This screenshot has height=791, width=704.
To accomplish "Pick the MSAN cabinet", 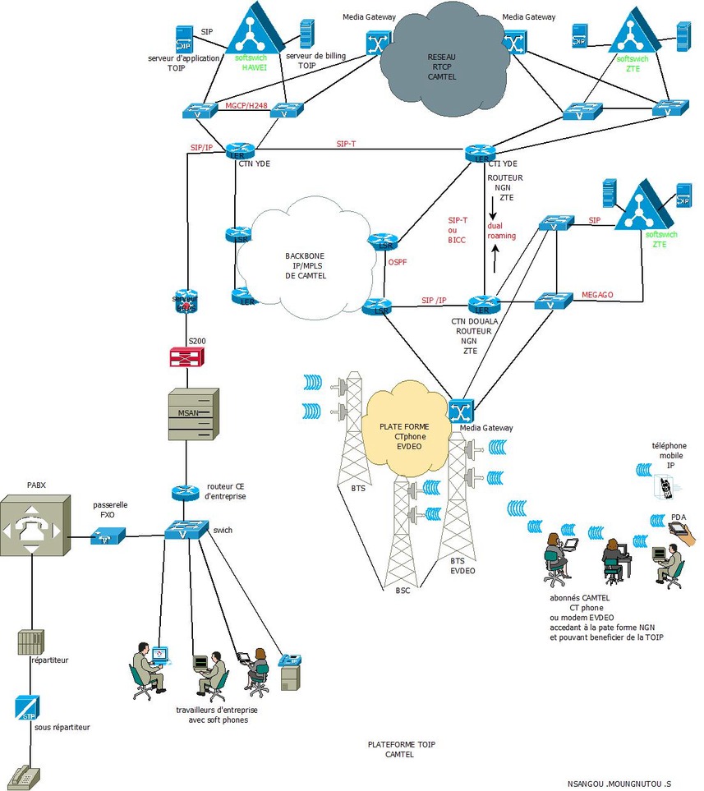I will click(191, 412).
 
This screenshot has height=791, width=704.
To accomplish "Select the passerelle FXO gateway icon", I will click(108, 536).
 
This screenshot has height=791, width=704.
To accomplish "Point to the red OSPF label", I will click(398, 263).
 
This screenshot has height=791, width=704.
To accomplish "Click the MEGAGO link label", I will click(597, 294).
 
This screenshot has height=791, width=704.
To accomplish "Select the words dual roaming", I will click(501, 230).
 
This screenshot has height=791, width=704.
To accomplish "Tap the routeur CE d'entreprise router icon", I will click(186, 493).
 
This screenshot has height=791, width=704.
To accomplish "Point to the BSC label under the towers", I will click(402, 591).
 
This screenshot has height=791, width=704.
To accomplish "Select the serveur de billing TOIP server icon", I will click(306, 34).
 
